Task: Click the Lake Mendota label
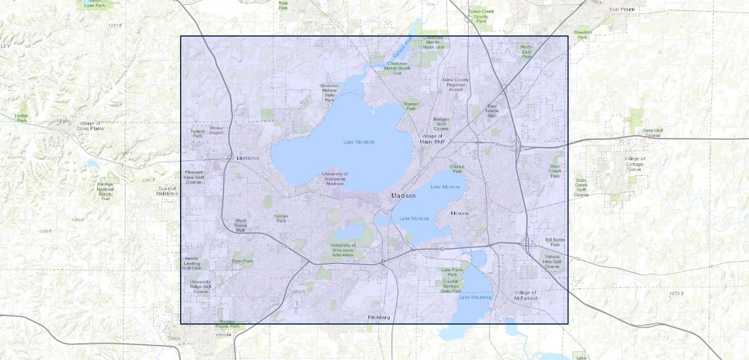pos(359,142)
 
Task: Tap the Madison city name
pos(403,196)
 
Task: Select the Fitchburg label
pos(379,317)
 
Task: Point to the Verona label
pos(223,334)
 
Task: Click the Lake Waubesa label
pos(475,298)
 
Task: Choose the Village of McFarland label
pos(526,295)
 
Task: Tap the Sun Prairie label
pos(622,10)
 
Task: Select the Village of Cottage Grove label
pos(634,164)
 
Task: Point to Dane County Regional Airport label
pos(456,84)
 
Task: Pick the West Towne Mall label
pos(240,225)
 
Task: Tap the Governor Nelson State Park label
pos(329,92)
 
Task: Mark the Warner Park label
pos(411,106)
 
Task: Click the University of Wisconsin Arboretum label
pos(343,250)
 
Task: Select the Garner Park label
pos(281,218)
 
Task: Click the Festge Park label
pos(22,118)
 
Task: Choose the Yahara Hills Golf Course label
pos(552,262)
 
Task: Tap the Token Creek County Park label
pos(481,16)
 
